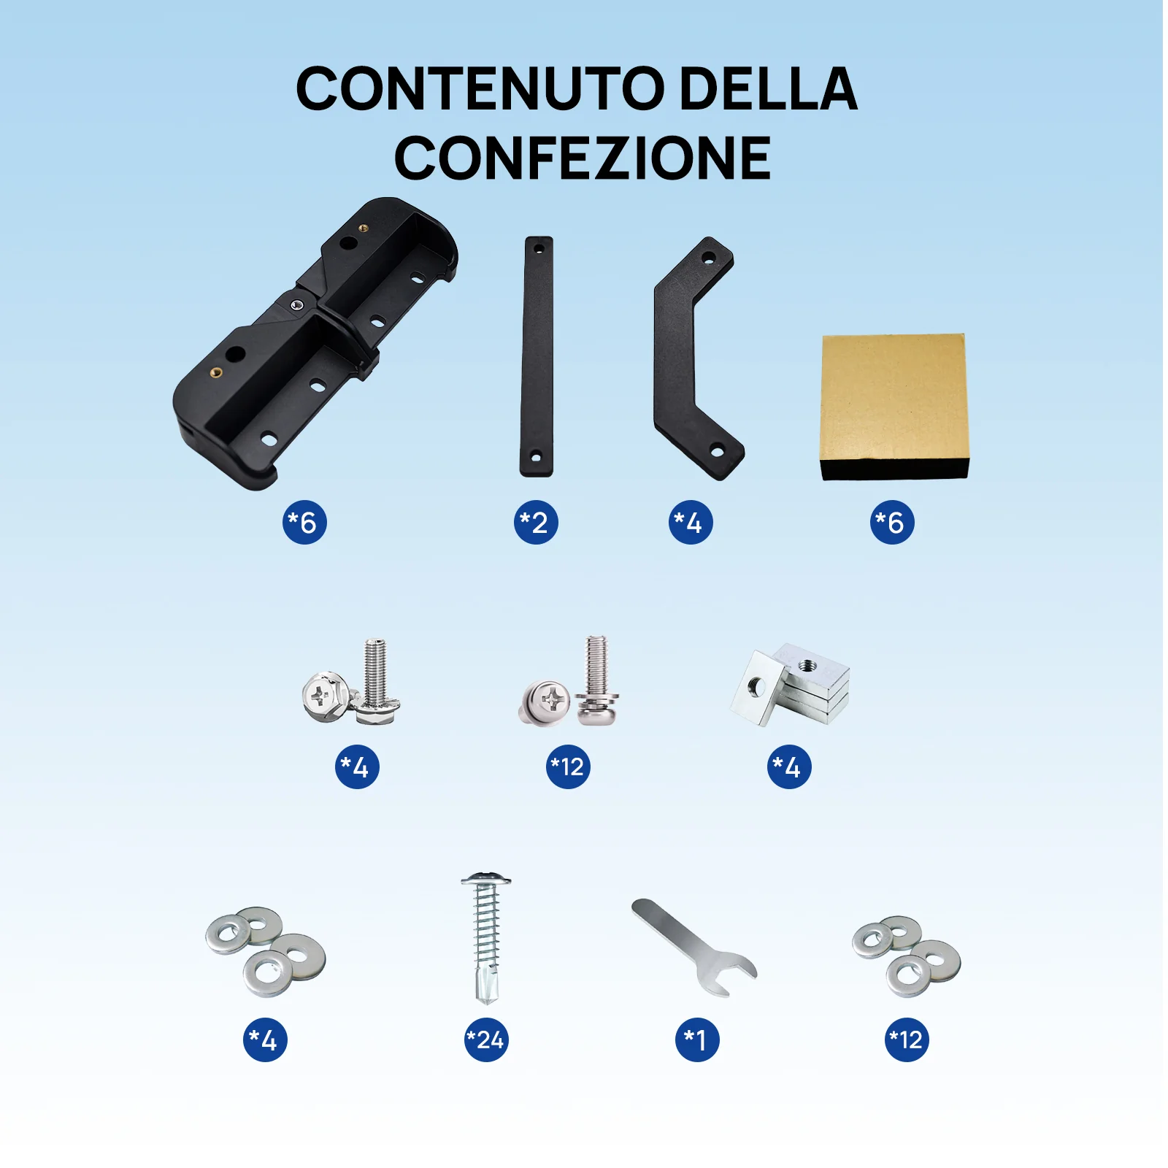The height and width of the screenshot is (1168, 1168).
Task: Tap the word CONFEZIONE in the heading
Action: click(582, 158)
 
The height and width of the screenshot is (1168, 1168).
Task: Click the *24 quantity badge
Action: click(486, 1040)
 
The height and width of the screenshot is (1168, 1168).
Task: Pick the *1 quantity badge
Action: click(696, 1040)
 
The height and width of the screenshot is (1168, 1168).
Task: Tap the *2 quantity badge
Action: click(535, 523)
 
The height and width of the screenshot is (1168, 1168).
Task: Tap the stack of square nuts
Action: click(792, 685)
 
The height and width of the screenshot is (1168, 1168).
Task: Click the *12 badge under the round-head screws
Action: click(568, 766)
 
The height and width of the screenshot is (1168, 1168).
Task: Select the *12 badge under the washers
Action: click(907, 1040)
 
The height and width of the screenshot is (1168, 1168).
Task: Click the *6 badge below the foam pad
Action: click(891, 523)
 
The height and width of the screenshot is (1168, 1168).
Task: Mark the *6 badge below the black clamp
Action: click(304, 523)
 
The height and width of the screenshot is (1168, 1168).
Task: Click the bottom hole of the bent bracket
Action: click(717, 452)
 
